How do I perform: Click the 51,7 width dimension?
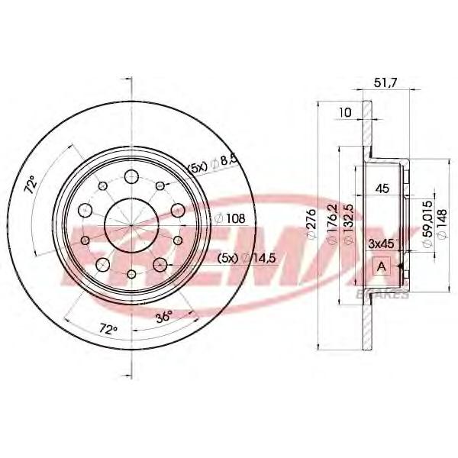pyautogui.click(x=385, y=83)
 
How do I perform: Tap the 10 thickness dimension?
pyautogui.click(x=345, y=112)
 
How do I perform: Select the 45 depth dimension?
pyautogui.click(x=382, y=189)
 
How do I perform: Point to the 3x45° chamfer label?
pyautogui.click(x=383, y=244)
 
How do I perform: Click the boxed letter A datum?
pyautogui.click(x=382, y=266)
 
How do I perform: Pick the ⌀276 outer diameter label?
pyautogui.click(x=312, y=224)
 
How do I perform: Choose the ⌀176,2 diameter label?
pyautogui.click(x=332, y=224)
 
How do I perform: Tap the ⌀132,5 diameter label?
pyautogui.click(x=349, y=224)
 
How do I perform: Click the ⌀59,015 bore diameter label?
pyautogui.click(x=428, y=224)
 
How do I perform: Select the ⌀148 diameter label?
pyautogui.click(x=442, y=224)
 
